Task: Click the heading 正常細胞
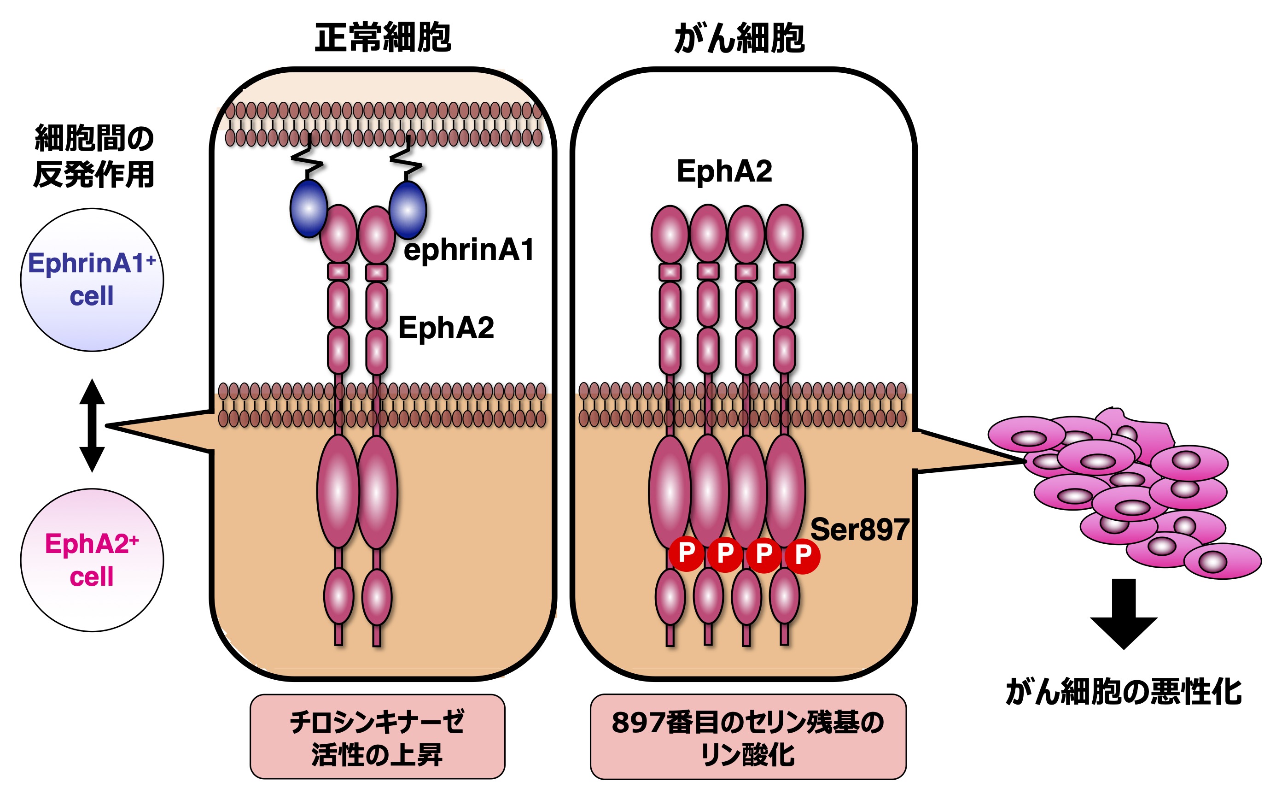point(383,38)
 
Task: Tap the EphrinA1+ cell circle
point(92,280)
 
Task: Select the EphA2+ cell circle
point(92,560)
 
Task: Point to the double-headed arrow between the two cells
point(92,425)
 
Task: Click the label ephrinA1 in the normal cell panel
point(468,249)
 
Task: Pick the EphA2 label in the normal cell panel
point(446,328)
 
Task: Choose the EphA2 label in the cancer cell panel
point(724,171)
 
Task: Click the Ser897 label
point(859,529)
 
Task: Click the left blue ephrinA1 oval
point(309,208)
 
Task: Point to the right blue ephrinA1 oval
point(408,210)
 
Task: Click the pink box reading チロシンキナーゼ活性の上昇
point(377,737)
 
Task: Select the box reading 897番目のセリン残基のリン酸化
point(748,737)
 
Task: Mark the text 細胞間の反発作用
point(94,157)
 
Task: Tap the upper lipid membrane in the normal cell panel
point(384,124)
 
